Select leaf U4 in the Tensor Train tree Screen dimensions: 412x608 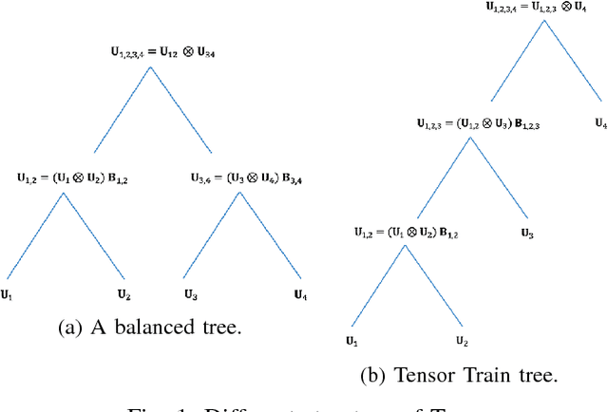click(x=599, y=122)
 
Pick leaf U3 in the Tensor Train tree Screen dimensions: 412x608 click(x=525, y=231)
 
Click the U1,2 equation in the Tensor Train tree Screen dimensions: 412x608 click(x=400, y=231)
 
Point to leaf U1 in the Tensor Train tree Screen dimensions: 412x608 click(x=351, y=340)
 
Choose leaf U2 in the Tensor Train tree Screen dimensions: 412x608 click(x=462, y=340)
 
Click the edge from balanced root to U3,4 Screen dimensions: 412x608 click(x=180, y=109)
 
